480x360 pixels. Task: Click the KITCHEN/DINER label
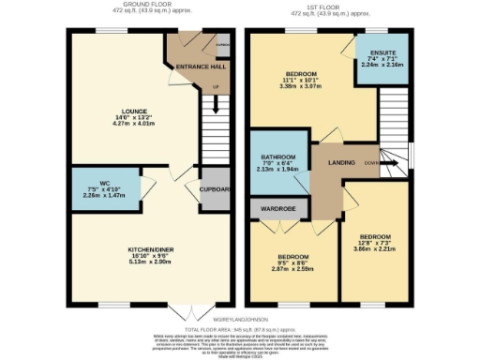[146, 249]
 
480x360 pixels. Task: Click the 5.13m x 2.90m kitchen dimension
[146, 262]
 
